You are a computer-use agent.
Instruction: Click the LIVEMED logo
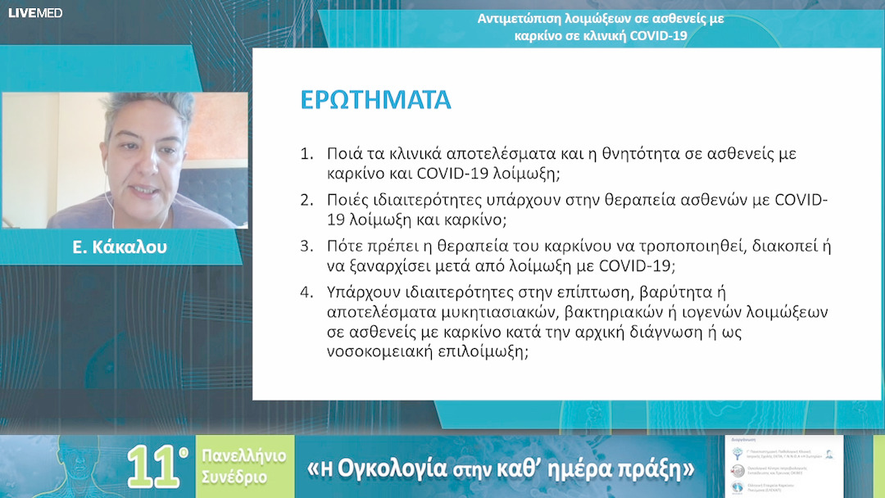coord(35,13)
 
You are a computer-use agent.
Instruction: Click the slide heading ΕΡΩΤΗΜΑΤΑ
coord(376,99)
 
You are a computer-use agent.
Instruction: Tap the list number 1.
coord(307,154)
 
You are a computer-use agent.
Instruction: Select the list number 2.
coord(307,201)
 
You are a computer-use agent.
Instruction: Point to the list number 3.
coord(307,247)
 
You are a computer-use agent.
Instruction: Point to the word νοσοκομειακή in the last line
coord(370,352)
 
